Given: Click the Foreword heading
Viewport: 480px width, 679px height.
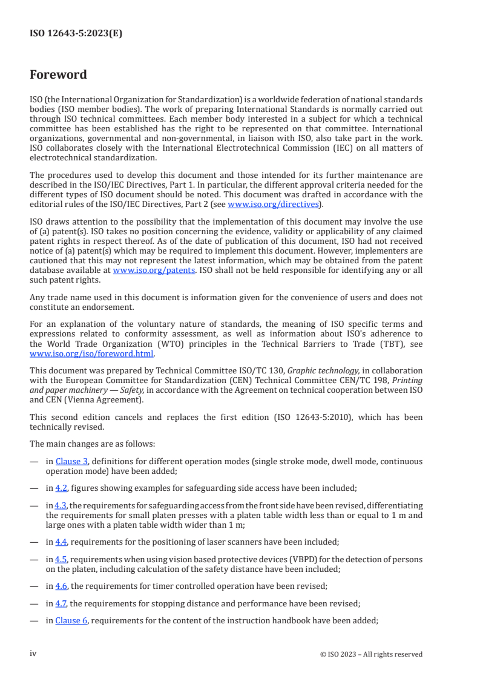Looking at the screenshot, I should click(58, 75).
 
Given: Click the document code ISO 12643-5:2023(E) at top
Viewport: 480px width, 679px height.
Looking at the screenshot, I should click(76, 34).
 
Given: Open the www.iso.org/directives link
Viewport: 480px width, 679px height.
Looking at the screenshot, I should click(273, 204).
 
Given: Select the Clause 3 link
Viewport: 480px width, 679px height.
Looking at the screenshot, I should click(71, 461).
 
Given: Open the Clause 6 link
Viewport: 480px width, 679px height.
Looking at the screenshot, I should click(71, 621).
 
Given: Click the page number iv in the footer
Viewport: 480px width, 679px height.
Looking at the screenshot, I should click(33, 654).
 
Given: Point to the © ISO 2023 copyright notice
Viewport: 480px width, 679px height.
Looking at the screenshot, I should click(371, 654).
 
